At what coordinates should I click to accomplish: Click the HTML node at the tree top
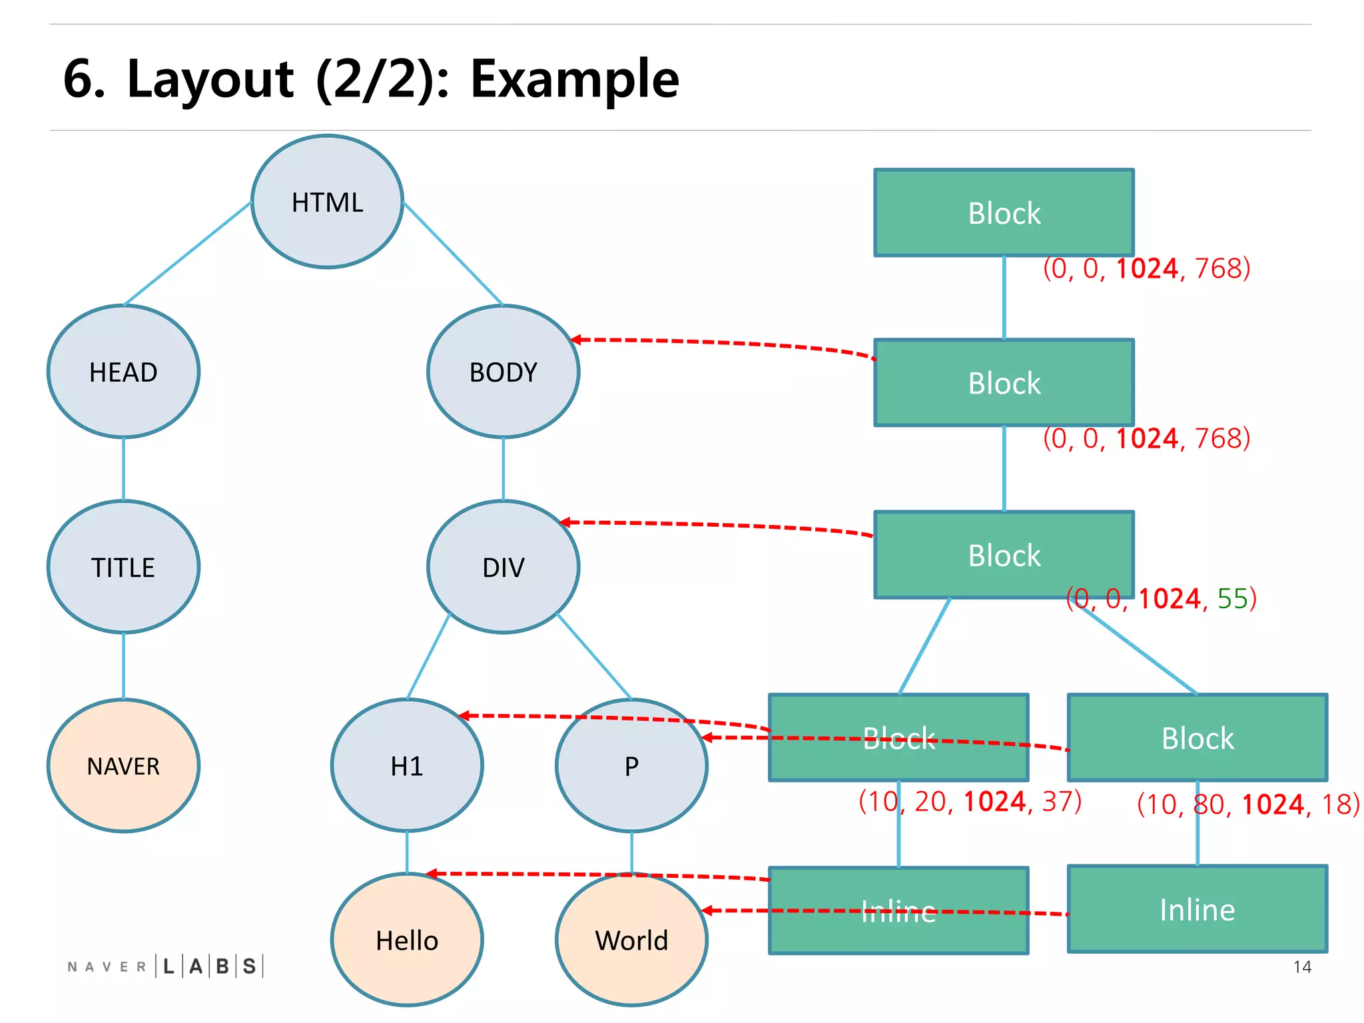[x=327, y=202]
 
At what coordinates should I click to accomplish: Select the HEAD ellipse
[x=123, y=372]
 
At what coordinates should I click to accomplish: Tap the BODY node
[x=503, y=372]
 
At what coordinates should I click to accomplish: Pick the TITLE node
[x=123, y=567]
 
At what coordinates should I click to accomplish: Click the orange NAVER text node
[x=123, y=765]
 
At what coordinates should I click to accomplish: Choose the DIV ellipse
[x=503, y=567]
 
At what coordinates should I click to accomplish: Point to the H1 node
[x=406, y=765]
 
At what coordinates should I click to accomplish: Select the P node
[x=631, y=765]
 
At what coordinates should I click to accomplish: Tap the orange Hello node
[x=406, y=940]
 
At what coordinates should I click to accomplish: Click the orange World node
[x=631, y=940]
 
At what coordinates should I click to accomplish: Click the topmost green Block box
[x=1004, y=213]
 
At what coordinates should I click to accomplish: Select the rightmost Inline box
[x=1197, y=909]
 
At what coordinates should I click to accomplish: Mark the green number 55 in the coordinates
[x=1232, y=598]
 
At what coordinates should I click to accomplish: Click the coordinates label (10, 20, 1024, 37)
[x=970, y=801]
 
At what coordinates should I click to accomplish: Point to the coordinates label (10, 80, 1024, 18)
[x=1248, y=805]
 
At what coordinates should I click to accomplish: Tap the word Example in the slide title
[x=574, y=79]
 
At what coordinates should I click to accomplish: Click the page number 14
[x=1302, y=967]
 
